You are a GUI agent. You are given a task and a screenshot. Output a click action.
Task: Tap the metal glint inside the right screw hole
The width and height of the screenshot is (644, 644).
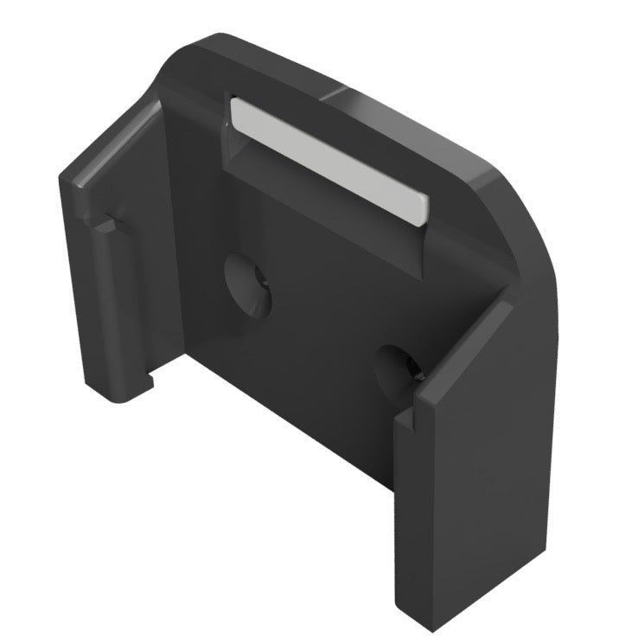(414, 373)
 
